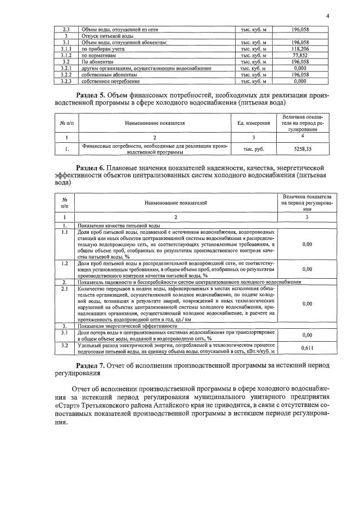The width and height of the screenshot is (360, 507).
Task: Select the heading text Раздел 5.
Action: click(90, 96)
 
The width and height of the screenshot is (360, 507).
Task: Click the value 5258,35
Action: click(302, 149)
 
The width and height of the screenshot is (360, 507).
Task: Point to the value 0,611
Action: click(307, 348)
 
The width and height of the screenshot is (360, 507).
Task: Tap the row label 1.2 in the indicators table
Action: click(65, 263)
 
